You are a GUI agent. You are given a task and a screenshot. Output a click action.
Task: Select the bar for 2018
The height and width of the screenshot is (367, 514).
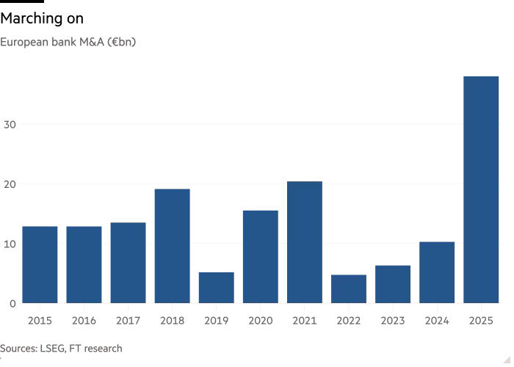[x=172, y=246]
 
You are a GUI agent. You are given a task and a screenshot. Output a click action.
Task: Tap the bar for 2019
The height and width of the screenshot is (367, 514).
[x=216, y=287]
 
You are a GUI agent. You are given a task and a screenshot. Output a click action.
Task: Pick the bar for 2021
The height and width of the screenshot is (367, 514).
[x=304, y=242]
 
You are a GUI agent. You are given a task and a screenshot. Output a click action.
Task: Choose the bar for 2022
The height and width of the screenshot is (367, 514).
[x=348, y=288]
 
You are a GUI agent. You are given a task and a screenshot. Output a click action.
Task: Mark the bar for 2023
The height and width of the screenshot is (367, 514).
[x=393, y=284]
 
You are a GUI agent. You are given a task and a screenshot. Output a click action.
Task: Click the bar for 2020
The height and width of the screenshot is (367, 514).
[x=260, y=256]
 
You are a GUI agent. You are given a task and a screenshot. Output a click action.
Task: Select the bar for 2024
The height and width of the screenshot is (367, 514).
[x=437, y=272]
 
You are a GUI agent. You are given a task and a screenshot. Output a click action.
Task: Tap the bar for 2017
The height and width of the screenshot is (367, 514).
[x=128, y=263]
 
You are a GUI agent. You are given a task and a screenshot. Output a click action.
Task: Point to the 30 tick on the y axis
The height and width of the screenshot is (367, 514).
[x=10, y=125]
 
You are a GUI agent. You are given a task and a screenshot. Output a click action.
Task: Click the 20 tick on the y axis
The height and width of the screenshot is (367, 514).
[x=10, y=184]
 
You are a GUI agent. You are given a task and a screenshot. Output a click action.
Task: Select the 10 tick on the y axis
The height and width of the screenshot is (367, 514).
[x=10, y=244]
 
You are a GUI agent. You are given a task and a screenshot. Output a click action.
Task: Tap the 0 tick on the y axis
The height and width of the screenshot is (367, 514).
[x=12, y=303]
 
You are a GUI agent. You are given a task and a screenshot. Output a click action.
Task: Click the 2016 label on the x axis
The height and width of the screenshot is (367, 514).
[x=84, y=320]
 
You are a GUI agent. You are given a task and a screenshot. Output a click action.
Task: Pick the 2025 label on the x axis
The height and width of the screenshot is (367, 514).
[x=481, y=320]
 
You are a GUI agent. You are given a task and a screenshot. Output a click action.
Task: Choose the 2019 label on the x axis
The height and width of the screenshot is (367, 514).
[x=216, y=320]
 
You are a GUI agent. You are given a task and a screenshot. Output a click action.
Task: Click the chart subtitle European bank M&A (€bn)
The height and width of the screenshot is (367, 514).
[x=68, y=43]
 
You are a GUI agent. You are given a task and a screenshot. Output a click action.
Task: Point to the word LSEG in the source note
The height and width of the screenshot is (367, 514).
[x=51, y=349]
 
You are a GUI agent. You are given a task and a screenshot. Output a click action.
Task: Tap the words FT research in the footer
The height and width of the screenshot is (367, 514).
[x=95, y=349]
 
